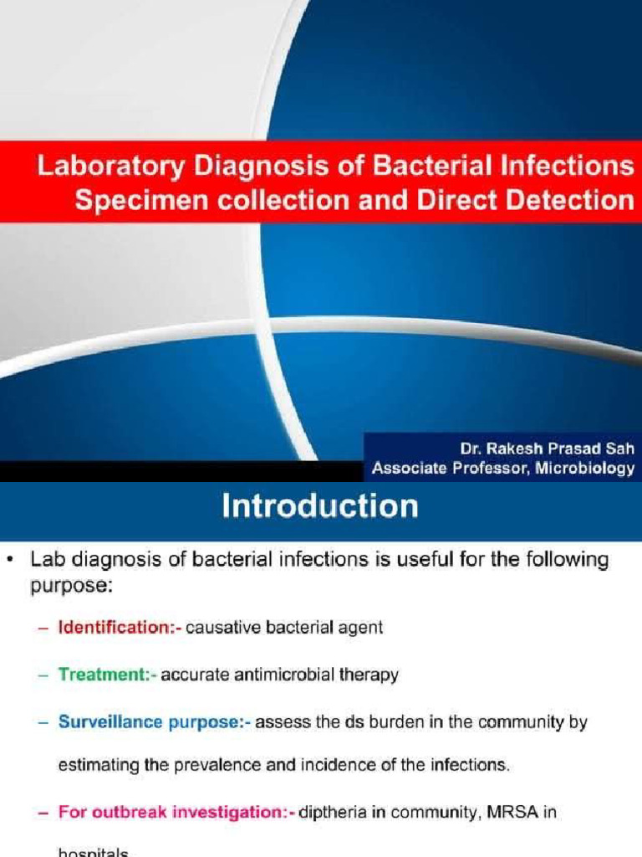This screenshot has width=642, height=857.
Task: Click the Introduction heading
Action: point(320,507)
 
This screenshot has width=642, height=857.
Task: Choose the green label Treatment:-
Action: point(107,675)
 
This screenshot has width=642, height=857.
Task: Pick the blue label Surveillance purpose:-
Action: point(154,722)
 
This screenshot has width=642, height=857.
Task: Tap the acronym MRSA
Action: point(529,812)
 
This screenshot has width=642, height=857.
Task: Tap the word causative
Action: point(218,627)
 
